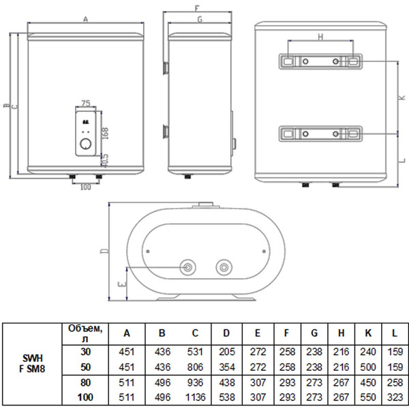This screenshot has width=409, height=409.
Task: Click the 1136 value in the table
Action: (x=196, y=397)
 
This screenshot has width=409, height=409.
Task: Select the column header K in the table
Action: (x=368, y=333)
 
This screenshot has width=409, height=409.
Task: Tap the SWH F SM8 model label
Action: (x=32, y=363)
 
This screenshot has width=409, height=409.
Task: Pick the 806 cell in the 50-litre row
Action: (x=195, y=367)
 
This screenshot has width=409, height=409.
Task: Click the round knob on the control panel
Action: (x=86, y=144)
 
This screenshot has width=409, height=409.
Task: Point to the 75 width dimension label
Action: (x=86, y=104)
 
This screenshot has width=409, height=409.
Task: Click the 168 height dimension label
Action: (x=105, y=134)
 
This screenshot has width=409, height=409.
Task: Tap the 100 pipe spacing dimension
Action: (x=86, y=187)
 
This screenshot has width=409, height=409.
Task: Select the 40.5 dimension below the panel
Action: (x=105, y=161)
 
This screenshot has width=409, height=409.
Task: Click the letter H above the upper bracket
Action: (x=320, y=37)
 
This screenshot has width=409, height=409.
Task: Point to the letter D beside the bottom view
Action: (x=104, y=251)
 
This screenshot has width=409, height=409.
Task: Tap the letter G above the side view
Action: (x=200, y=19)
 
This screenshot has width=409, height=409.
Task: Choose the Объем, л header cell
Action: (x=85, y=333)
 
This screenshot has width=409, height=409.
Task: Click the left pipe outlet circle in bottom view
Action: (x=188, y=267)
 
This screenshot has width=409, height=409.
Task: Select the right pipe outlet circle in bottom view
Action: (x=224, y=267)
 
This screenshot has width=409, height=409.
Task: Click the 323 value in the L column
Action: (x=395, y=397)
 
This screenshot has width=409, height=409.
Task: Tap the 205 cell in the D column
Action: (x=227, y=352)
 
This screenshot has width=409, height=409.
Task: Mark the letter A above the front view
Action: (x=86, y=19)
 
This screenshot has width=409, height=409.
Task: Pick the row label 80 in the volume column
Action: (x=86, y=382)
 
